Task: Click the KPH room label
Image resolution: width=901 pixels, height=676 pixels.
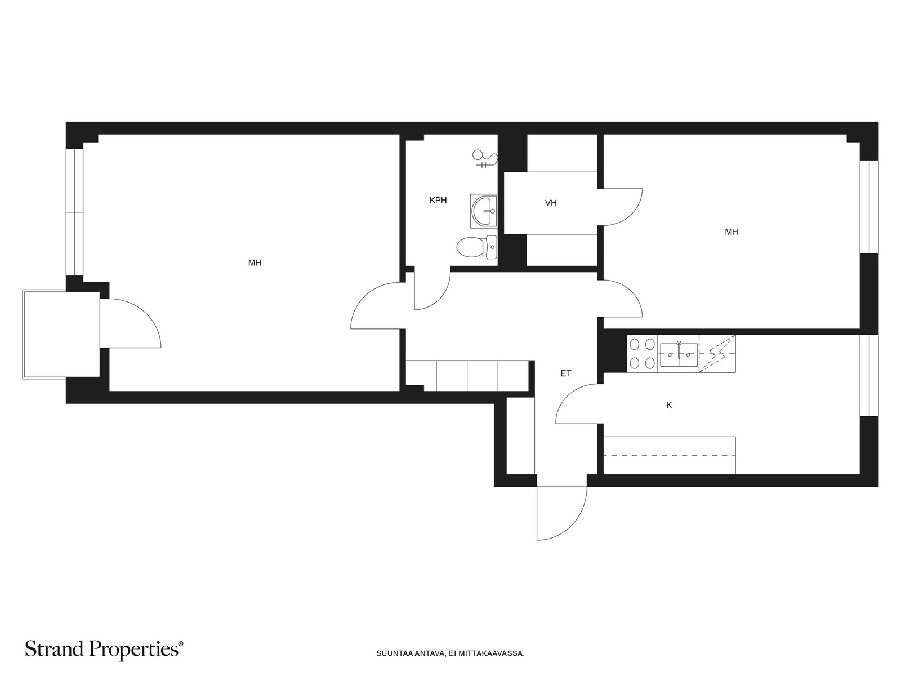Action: pyautogui.click(x=438, y=201)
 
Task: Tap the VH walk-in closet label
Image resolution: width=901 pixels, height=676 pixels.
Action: pyautogui.click(x=551, y=203)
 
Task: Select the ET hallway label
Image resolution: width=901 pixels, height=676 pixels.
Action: pyautogui.click(x=565, y=373)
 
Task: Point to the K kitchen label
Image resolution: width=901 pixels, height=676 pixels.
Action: pyautogui.click(x=669, y=406)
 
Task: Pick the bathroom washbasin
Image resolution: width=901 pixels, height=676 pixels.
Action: pyautogui.click(x=484, y=211)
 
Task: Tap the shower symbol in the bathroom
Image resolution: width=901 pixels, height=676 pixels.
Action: pyautogui.click(x=485, y=159)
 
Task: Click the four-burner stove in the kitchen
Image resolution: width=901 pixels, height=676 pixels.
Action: pyautogui.click(x=642, y=354)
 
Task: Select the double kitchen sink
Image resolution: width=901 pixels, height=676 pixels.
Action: pyautogui.click(x=678, y=354)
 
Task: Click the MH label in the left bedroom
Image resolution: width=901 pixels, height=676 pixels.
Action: pyautogui.click(x=255, y=263)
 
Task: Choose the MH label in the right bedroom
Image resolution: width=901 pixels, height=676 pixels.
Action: pyautogui.click(x=731, y=232)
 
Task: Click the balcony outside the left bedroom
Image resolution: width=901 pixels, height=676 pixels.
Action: pyautogui.click(x=61, y=334)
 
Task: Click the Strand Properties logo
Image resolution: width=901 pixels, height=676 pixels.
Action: pyautogui.click(x=104, y=650)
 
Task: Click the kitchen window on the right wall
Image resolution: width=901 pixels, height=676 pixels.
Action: pyautogui.click(x=869, y=376)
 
